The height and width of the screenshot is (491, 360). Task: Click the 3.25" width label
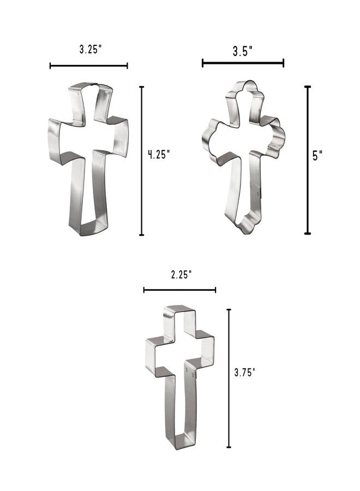91,49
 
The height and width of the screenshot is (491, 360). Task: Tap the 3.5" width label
243,51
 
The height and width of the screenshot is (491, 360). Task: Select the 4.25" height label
159,154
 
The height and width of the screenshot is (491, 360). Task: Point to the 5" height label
317,155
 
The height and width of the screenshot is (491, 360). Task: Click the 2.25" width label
181,274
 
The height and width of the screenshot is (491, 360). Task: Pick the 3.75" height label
245,372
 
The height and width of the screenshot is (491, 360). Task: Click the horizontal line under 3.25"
88,66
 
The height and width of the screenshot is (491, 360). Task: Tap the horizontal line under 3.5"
243,63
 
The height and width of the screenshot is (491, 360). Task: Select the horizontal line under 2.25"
179,290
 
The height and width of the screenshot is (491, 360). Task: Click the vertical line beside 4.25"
141,160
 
